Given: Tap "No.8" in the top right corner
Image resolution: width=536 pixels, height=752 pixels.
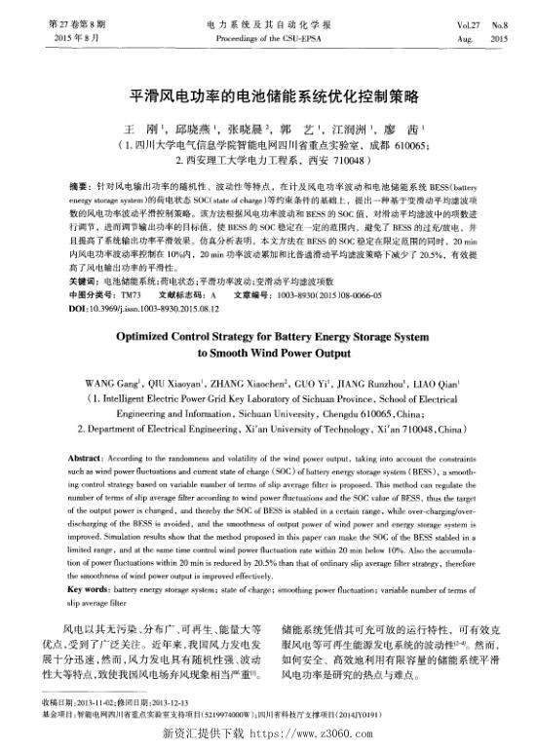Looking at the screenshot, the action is pyautogui.click(x=499, y=20).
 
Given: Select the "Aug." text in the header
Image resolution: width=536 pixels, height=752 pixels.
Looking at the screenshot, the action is pyautogui.click(x=453, y=37).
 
